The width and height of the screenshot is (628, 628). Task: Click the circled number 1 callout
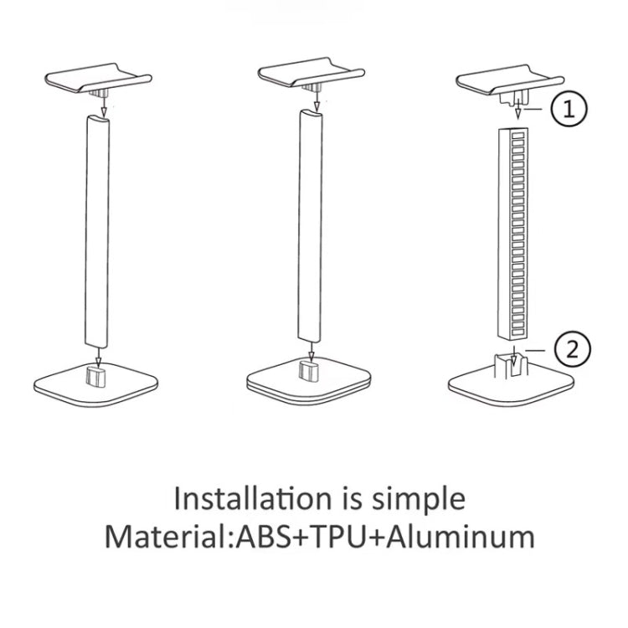pos(569,109)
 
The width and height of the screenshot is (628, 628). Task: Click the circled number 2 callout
pos(573,350)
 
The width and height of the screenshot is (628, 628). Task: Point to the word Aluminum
pos(461,536)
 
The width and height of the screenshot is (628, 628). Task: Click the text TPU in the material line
pos(338,536)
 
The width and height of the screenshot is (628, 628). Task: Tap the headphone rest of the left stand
pos(98,80)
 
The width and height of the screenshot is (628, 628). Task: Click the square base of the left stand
pos(95,385)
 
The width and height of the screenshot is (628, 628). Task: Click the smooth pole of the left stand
pos(97,231)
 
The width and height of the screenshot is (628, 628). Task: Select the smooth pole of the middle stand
pos(311,226)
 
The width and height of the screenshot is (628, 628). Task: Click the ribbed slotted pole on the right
pos(513,233)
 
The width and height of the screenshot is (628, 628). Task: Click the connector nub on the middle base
pos(308,370)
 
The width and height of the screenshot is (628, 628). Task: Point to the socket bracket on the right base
pos(512,365)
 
